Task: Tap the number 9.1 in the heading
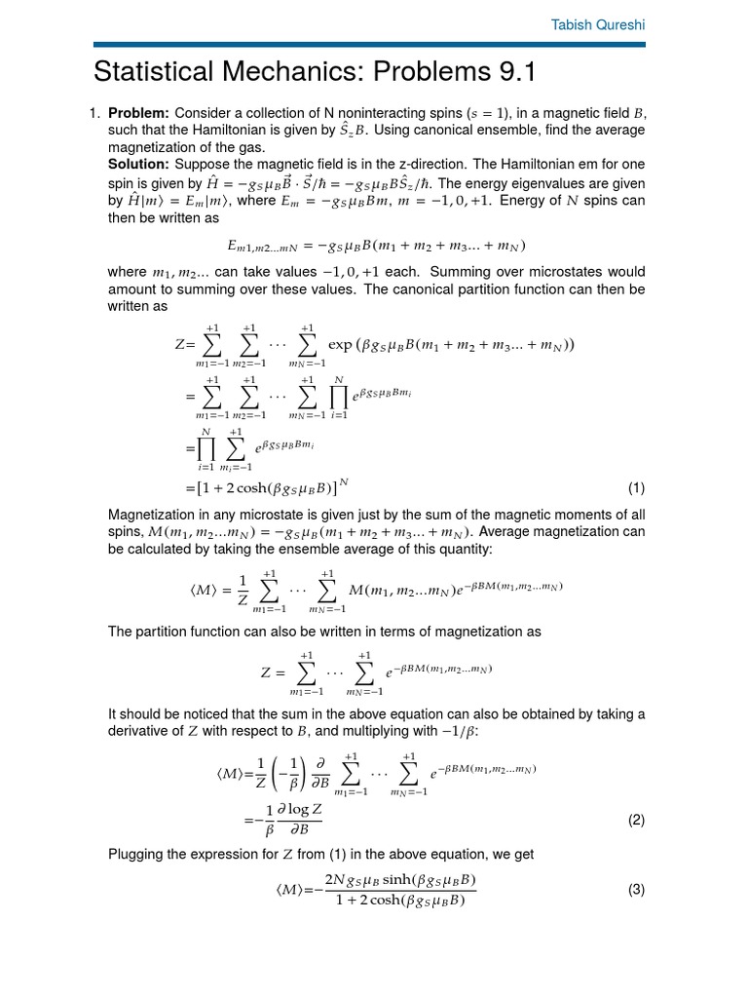[510, 73]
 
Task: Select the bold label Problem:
[139, 113]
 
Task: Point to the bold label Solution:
[138, 163]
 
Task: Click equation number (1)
[636, 487]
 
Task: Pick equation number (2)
[636, 820]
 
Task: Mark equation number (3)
[636, 889]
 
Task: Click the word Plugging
[137, 855]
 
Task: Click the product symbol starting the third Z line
[206, 449]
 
